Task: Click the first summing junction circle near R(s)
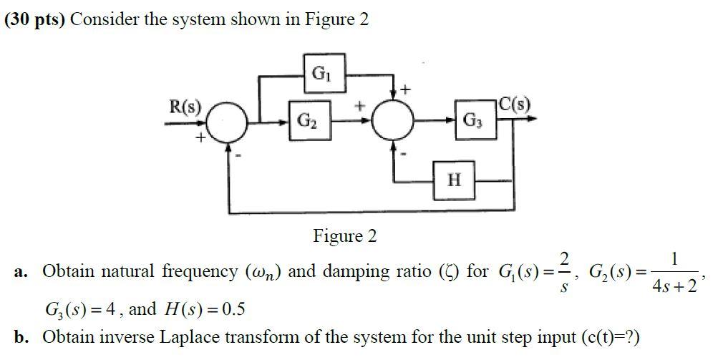(228, 123)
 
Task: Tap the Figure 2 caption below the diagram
(344, 236)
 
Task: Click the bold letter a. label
(21, 272)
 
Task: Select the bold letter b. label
(22, 336)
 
